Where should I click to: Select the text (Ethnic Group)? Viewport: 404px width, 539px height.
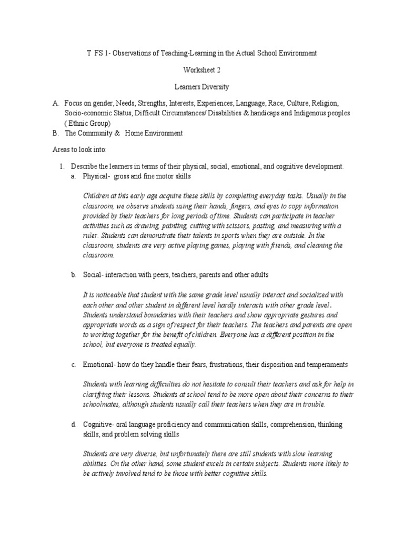pos(87,123)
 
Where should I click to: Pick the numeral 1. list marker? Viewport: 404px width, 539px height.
pos(62,166)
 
